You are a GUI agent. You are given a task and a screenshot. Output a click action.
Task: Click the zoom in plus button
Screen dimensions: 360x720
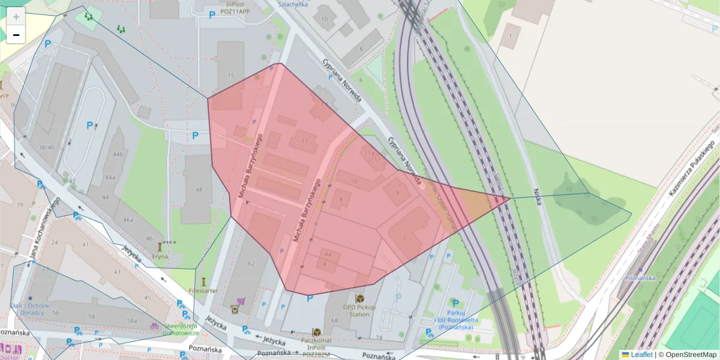click(x=16, y=17)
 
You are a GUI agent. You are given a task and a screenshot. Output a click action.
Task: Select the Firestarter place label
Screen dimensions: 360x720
click(x=203, y=290)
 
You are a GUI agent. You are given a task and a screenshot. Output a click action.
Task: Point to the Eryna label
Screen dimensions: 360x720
click(x=160, y=256)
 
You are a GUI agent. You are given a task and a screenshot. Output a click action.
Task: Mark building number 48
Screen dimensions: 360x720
click(x=199, y=190)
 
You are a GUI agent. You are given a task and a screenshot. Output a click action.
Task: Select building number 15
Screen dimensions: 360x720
click(x=230, y=75)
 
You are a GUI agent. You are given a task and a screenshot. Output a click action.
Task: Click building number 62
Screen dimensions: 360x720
click(x=251, y=263)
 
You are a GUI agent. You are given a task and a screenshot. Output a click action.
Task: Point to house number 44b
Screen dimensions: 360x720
click(x=118, y=155)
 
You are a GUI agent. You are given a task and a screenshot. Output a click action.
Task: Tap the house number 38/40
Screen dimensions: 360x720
click(x=46, y=148)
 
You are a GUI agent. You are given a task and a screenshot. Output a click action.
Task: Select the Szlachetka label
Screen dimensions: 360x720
click(x=293, y=4)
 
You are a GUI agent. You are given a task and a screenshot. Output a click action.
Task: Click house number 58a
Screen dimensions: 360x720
click(x=132, y=321)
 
